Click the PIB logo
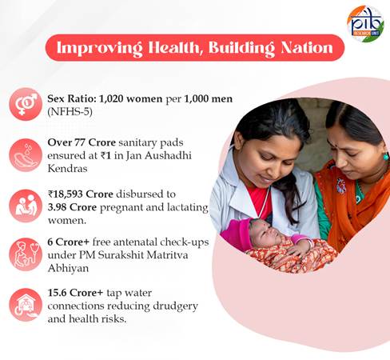pyautogui.click(x=365, y=24)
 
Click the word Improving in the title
pyautogui.click(x=99, y=49)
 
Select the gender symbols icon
pyautogui.click(x=26, y=104)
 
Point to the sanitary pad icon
pyautogui.click(x=26, y=155)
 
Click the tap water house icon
pyautogui.click(x=26, y=305)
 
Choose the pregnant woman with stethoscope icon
pyautogui.click(x=26, y=254)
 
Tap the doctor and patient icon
pyautogui.click(x=26, y=206)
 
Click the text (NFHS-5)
pyautogui.click(x=70, y=112)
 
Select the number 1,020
pyautogui.click(x=111, y=99)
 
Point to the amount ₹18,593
pyautogui.click(x=66, y=194)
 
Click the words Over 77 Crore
pyautogui.click(x=82, y=142)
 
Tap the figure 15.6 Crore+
pyautogui.click(x=75, y=293)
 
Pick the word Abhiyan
pyautogui.click(x=68, y=268)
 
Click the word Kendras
pyautogui.click(x=67, y=169)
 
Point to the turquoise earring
pyautogui.click(x=386, y=156)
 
